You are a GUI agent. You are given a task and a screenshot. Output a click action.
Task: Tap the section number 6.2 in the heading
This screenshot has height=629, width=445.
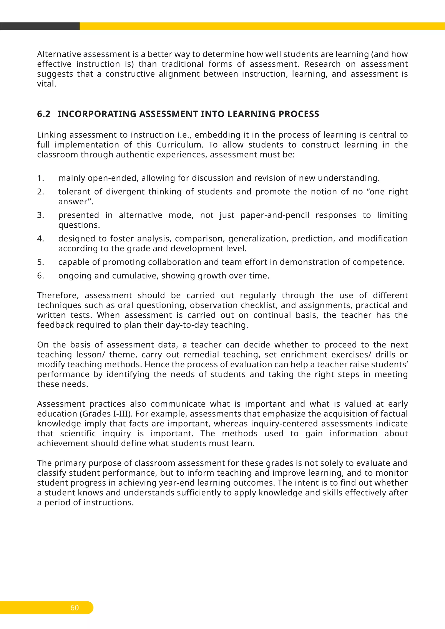click(44, 114)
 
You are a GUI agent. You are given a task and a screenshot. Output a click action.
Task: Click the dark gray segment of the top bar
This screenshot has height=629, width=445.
click(40, 26)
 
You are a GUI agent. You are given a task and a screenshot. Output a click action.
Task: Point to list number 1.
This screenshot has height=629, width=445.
click(40, 178)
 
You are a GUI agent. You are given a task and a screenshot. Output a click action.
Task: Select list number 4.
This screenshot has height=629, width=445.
click(40, 239)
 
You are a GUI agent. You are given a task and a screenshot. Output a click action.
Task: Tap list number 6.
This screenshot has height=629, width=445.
click(40, 276)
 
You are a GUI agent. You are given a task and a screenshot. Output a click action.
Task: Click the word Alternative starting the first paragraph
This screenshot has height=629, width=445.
click(59, 54)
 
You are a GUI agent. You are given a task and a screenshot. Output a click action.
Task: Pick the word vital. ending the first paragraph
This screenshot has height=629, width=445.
click(46, 84)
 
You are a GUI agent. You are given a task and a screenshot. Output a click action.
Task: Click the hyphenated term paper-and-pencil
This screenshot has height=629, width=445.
click(275, 215)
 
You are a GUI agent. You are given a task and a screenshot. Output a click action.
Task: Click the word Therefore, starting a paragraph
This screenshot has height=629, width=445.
click(58, 296)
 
